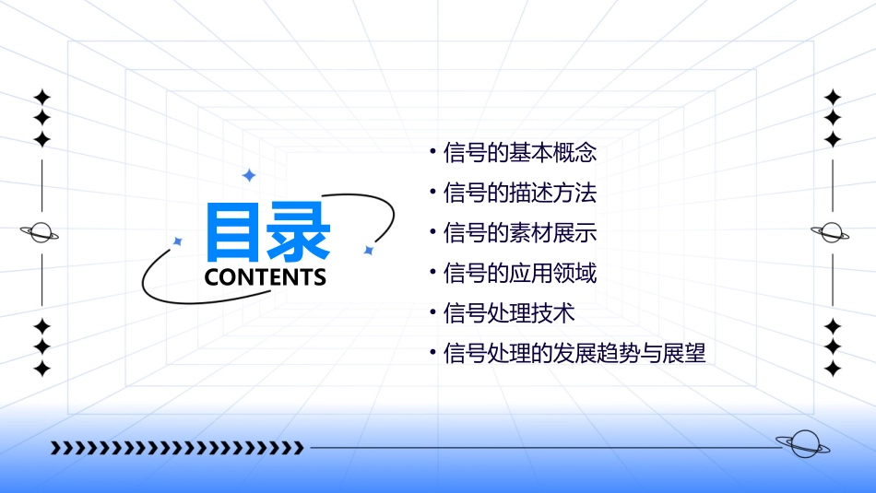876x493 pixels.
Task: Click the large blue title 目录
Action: coord(268,232)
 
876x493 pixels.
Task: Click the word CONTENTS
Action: coord(266,277)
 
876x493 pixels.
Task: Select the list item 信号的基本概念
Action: coord(520,153)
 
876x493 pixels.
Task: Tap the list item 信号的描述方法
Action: coord(520,194)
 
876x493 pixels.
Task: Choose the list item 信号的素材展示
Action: coord(520,233)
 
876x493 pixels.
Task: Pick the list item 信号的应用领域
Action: coord(520,274)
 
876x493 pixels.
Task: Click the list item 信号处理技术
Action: coord(509,313)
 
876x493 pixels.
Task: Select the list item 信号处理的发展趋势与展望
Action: coord(574,353)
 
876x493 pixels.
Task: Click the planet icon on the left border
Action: coord(41,232)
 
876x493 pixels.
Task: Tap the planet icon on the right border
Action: coord(832,232)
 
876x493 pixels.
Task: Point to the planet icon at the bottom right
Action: coord(802,445)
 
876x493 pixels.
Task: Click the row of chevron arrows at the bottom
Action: coord(177,448)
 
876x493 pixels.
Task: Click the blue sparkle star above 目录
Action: coord(248,175)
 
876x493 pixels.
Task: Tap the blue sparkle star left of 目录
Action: coord(178,241)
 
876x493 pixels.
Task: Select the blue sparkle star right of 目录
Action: coord(368,250)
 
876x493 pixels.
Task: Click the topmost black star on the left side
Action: coord(41,97)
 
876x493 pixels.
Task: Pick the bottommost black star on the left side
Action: coord(41,369)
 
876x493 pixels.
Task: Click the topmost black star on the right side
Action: coord(833,97)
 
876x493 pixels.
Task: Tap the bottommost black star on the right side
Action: coord(833,369)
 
